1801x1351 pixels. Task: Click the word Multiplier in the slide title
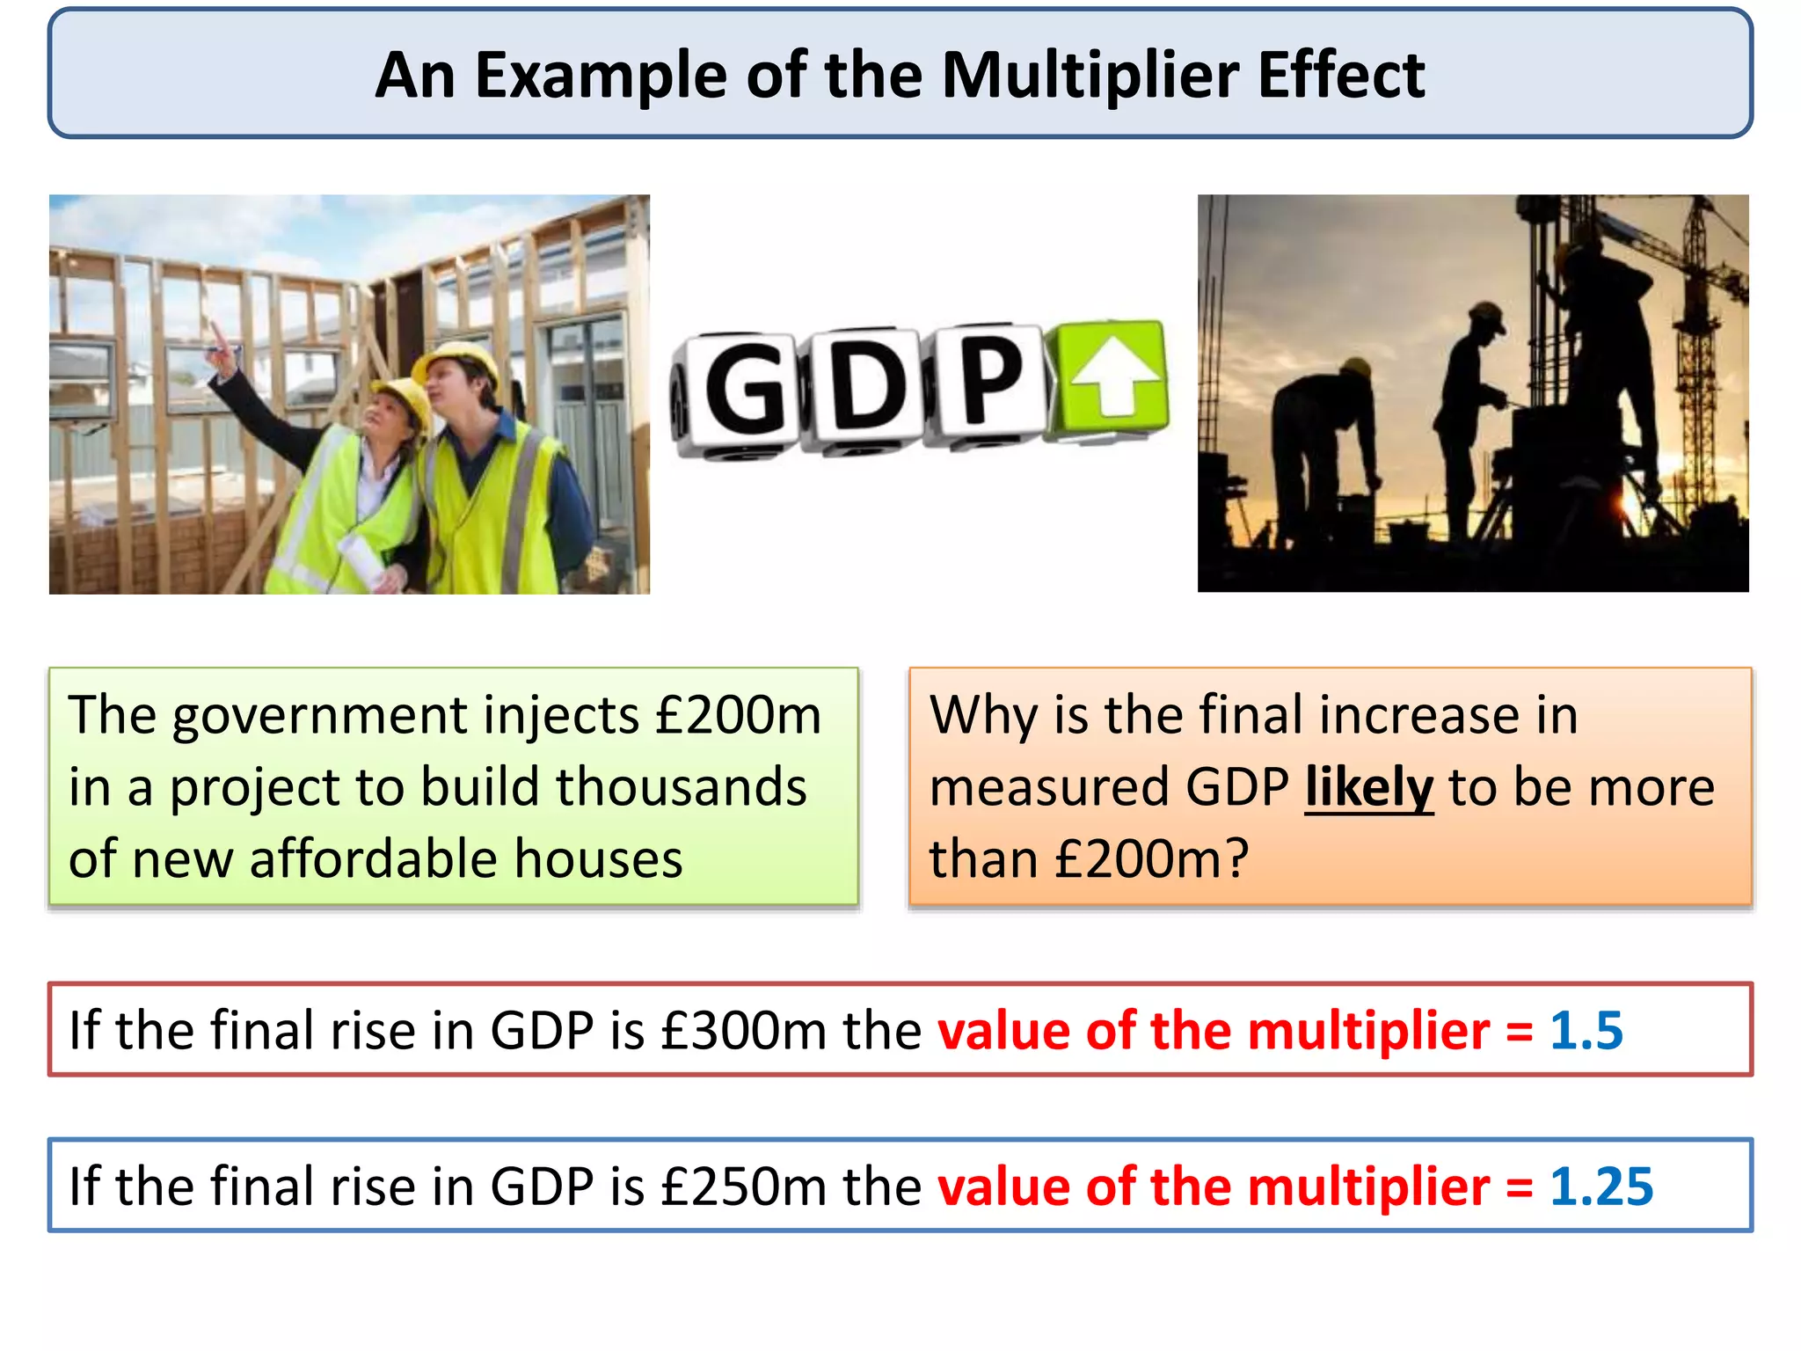(x=1090, y=76)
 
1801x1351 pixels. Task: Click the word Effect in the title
(x=1341, y=76)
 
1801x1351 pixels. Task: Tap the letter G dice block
(x=743, y=390)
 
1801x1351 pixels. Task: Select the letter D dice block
(x=866, y=387)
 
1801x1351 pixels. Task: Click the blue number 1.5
(x=1586, y=1030)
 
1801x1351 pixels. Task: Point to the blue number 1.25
(x=1600, y=1187)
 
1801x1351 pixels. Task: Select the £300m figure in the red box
(x=743, y=1030)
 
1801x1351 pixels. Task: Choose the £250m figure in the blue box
(x=743, y=1187)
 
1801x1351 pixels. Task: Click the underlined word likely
(x=1368, y=787)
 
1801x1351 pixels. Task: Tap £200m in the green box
(x=738, y=714)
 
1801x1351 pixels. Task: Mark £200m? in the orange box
(x=1151, y=858)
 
